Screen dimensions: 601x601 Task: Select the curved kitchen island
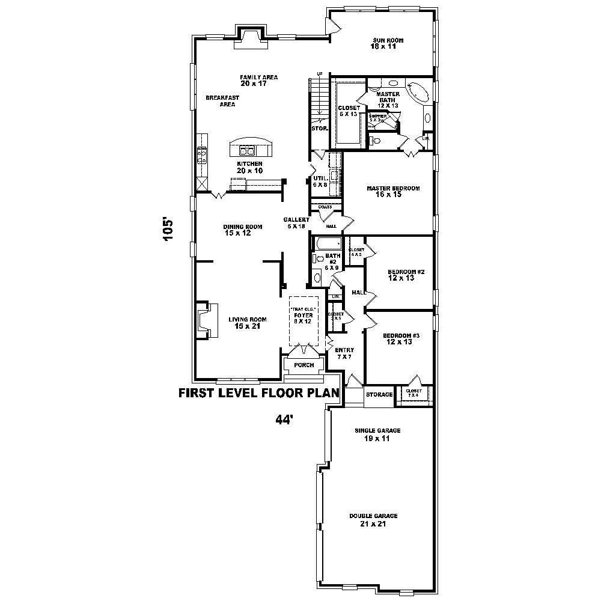(250, 147)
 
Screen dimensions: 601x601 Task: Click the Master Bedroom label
(393, 191)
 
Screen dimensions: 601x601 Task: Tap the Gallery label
(296, 222)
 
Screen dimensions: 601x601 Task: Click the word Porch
(304, 365)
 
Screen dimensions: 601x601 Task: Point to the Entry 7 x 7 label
(344, 353)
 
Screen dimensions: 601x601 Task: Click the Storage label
(379, 395)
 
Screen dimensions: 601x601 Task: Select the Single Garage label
(377, 434)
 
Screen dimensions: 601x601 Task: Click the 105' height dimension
(169, 229)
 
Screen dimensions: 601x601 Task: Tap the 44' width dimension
(284, 419)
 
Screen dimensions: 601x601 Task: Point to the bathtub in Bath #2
(328, 244)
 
